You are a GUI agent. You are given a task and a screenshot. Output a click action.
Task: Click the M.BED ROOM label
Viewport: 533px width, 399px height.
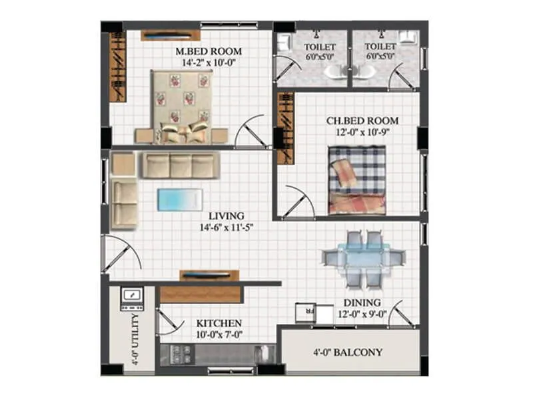pyautogui.click(x=209, y=51)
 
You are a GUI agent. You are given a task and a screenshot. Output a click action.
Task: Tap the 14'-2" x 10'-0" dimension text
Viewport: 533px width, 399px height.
pyautogui.click(x=209, y=63)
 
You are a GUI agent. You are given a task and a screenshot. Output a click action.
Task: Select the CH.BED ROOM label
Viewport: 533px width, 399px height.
pyautogui.click(x=362, y=121)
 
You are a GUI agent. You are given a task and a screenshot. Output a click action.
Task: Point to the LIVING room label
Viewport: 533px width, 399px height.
pyautogui.click(x=226, y=216)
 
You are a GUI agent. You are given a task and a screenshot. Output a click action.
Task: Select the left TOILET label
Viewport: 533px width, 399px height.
pyautogui.click(x=320, y=47)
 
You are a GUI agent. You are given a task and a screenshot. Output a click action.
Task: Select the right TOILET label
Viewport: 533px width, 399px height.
pyautogui.click(x=380, y=47)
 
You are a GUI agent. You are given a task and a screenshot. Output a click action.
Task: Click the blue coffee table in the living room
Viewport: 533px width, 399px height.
pyautogui.click(x=179, y=198)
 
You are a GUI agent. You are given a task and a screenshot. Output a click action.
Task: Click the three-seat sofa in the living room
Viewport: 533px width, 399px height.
pyautogui.click(x=179, y=166)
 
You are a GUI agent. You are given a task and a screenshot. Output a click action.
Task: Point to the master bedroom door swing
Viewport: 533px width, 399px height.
pyautogui.click(x=253, y=133)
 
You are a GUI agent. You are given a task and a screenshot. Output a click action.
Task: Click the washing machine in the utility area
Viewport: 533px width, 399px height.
pyautogui.click(x=131, y=299)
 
